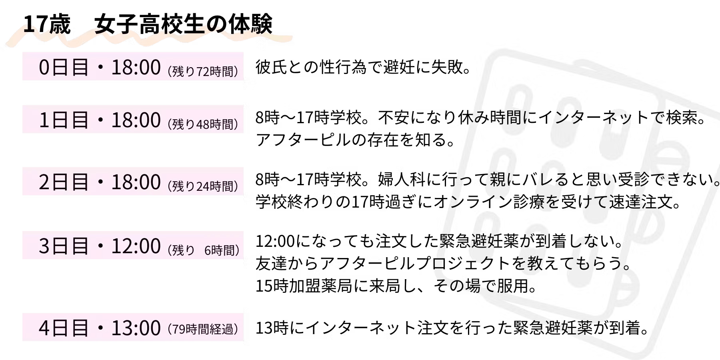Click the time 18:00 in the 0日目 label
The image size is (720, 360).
point(136,67)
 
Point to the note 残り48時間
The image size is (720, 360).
point(203,124)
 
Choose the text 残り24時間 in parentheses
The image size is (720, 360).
point(203,186)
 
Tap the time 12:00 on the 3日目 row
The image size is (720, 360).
point(136,246)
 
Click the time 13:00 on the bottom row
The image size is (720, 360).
point(136,328)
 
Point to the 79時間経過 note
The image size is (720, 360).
point(203,330)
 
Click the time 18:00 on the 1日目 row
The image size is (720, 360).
point(136,120)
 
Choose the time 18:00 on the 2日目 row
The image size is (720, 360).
point(136,182)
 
